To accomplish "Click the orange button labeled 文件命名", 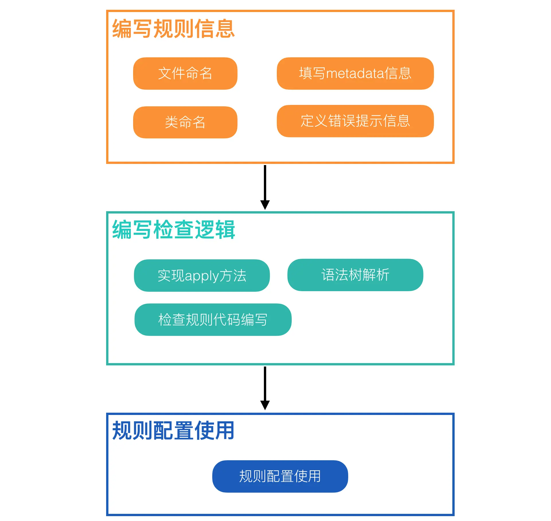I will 185,73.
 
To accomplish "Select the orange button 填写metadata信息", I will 355,73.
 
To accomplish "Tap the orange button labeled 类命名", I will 185,122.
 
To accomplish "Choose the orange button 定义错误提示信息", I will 355,121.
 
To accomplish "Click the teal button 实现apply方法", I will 202,275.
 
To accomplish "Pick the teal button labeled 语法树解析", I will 355,275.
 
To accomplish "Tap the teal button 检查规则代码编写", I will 213,320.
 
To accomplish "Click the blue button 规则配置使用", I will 280,476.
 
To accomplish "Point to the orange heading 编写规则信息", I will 173,29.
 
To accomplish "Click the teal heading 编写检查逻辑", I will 173,230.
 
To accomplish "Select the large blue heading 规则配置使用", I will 173,430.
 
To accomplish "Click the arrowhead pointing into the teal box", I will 265,205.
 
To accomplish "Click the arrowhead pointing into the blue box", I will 265,405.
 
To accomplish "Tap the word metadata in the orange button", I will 355,74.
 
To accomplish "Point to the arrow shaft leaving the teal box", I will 265,383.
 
